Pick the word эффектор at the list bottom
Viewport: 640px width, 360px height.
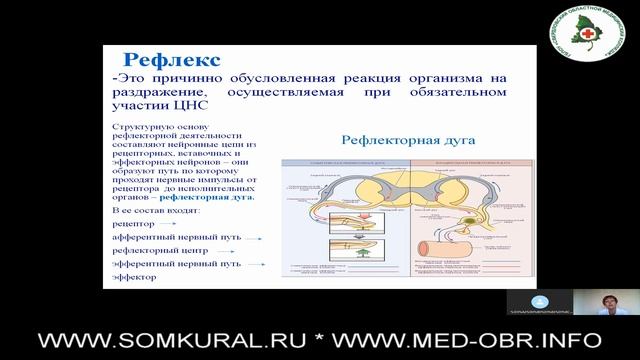pos(135,276)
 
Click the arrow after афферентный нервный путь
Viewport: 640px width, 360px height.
pos(256,240)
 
